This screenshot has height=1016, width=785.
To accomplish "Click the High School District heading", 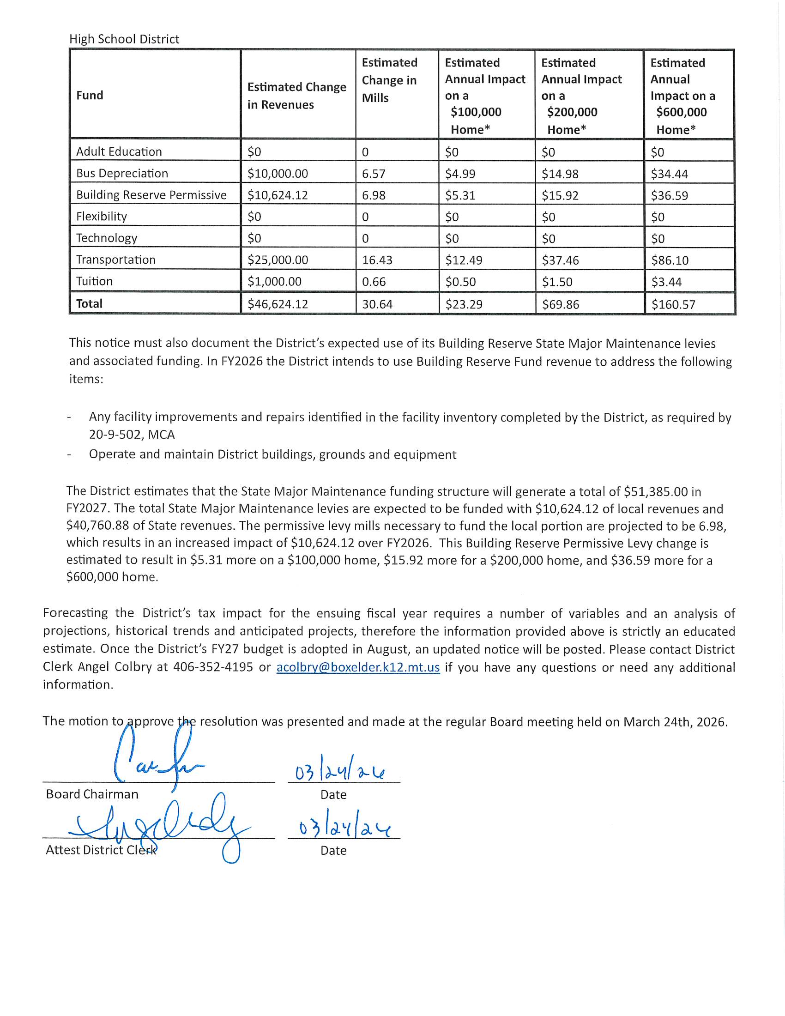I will pos(124,39).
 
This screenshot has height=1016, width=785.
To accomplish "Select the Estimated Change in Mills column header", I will pos(389,80).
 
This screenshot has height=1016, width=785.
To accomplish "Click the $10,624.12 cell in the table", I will pos(278,195).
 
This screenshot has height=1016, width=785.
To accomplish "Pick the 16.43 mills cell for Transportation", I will pos(377,260).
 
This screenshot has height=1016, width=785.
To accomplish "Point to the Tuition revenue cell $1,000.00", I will pos(274,281).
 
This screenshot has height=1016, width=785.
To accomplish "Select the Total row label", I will pos(89,304).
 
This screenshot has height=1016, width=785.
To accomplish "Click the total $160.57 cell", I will pos(673,305).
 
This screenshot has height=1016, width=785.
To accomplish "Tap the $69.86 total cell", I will pos(561,305).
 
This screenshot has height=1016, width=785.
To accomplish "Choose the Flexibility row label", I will pos(102,216).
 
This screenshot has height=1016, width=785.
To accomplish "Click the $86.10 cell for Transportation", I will pos(670,260).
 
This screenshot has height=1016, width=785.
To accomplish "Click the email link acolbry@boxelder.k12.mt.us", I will pos(357,667).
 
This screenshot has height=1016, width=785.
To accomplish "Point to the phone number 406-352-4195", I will pos(213,667).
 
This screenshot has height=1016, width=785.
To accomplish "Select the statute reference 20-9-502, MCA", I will pos(132,435).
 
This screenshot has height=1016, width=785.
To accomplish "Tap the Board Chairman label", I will pos(92,794).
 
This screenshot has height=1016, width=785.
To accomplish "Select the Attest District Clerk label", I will pos(101,850).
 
